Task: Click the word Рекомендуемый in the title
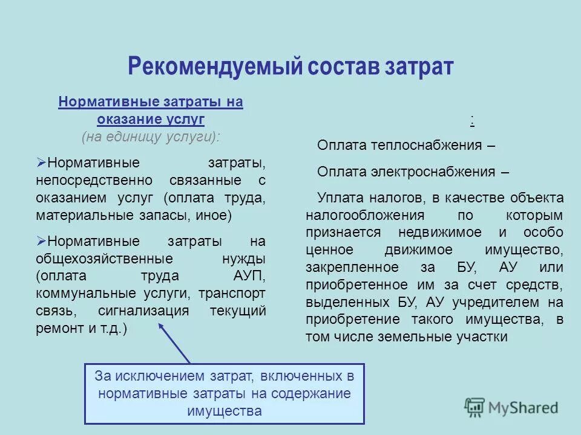tap(214, 66)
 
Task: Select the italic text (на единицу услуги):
tap(151, 137)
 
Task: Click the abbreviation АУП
tap(249, 276)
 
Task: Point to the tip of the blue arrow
tap(160, 323)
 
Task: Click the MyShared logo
tap(511, 407)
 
